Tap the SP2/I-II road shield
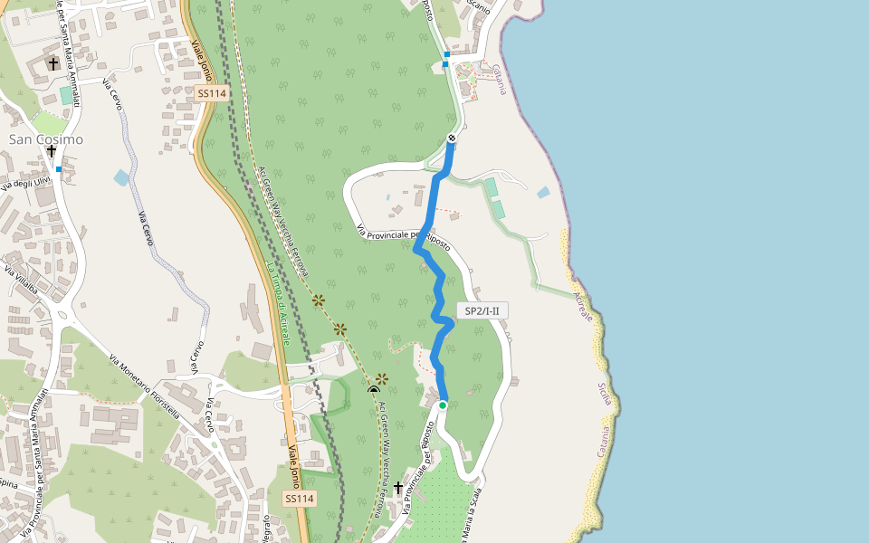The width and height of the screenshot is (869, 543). (482, 310)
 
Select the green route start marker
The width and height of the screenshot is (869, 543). (443, 405)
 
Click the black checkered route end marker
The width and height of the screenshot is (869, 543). (452, 138)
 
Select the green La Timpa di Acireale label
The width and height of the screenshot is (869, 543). (277, 304)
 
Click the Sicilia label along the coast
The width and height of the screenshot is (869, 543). (604, 394)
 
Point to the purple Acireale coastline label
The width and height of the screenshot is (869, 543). (583, 307)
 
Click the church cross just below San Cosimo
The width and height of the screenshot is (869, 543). (52, 151)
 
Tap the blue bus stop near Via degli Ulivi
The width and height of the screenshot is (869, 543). (59, 169)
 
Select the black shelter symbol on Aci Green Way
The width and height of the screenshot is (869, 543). (374, 390)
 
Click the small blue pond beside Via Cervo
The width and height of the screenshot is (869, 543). (121, 177)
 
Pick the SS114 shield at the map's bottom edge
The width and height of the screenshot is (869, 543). (299, 499)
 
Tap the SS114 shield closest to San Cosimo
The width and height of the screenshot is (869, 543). (211, 93)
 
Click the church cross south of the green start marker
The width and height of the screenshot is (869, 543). (397, 488)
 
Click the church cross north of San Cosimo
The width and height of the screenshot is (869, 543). (53, 63)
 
